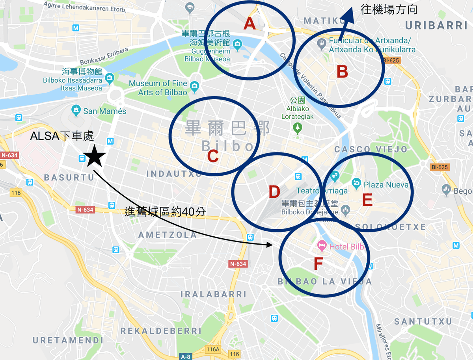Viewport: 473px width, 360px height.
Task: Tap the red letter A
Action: pos(250,24)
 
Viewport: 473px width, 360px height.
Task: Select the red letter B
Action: pos(342,72)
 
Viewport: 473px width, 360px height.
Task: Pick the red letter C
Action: pos(213,156)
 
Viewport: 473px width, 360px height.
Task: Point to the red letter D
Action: pos(274,192)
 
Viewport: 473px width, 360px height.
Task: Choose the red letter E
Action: pos(367,200)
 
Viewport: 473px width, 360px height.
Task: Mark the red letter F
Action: pos(318,264)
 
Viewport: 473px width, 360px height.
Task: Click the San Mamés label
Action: pos(105,111)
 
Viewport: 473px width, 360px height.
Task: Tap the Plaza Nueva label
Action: pos(386,184)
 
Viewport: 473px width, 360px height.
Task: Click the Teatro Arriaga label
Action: pos(322,191)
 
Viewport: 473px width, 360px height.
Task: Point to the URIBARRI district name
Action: pos(436,26)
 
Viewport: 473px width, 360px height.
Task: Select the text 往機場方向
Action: pos(389,9)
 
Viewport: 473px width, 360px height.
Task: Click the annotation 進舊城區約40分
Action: pos(165,212)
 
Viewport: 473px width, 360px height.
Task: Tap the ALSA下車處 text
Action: pos(62,136)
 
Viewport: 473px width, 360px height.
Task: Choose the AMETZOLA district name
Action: pos(167,235)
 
